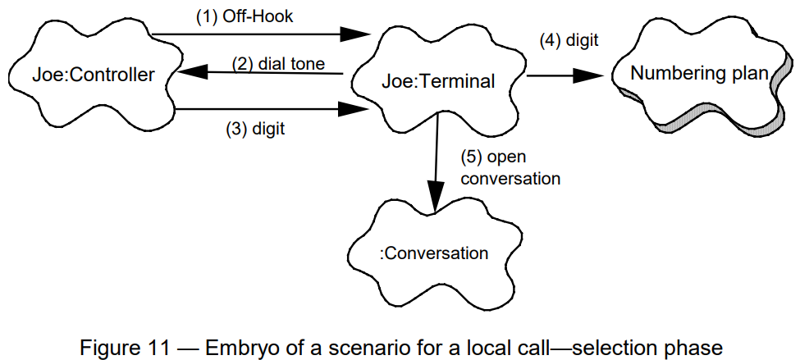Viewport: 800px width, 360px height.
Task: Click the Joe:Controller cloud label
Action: [94, 76]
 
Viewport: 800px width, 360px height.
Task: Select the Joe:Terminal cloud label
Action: [438, 81]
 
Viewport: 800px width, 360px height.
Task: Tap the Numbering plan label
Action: [699, 74]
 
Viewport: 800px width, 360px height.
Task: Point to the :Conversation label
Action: [434, 253]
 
